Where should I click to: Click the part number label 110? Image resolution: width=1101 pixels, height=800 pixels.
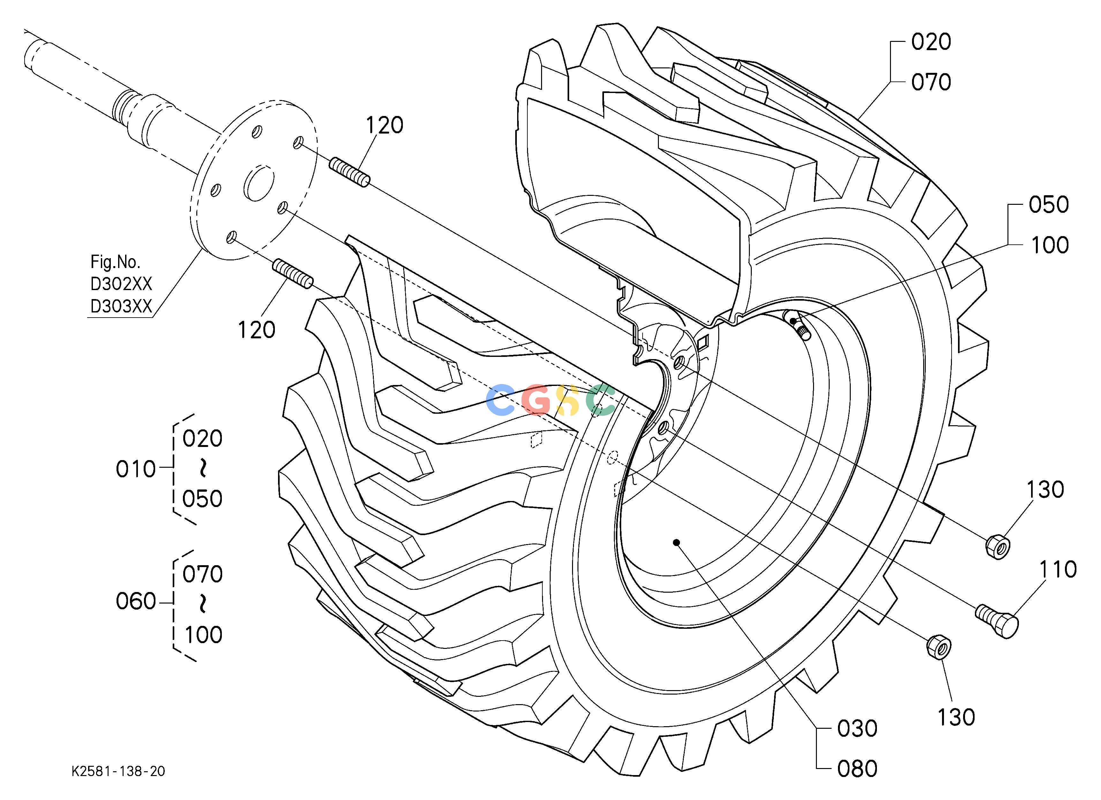coord(1058,569)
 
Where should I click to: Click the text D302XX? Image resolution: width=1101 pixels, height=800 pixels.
coord(121,284)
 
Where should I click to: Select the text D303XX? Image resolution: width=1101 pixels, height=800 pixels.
coord(121,306)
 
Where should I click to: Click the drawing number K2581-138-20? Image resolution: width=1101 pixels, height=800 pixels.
coord(118,771)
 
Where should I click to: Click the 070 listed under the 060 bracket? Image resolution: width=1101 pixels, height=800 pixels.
coord(202,574)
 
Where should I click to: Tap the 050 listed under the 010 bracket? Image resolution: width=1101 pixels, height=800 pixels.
coord(202,499)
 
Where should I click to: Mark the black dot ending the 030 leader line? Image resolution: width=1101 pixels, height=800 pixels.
coord(676,542)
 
